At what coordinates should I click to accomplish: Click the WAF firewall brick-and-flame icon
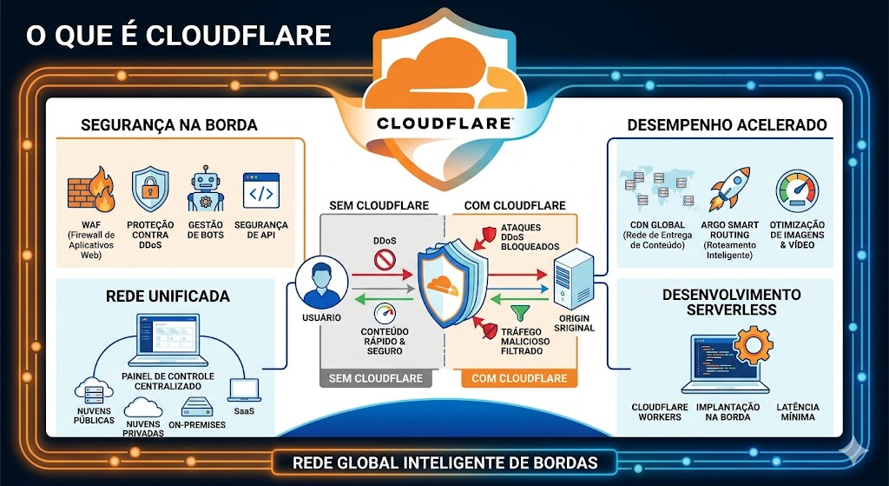pyautogui.click(x=91, y=190)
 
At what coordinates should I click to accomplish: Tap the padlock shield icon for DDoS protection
pyautogui.click(x=150, y=190)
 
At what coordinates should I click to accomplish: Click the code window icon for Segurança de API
pyautogui.click(x=260, y=190)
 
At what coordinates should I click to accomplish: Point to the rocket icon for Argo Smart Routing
pyautogui.click(x=730, y=189)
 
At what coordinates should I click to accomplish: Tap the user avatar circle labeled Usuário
pyautogui.click(x=322, y=283)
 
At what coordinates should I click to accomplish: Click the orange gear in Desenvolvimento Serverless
pyautogui.click(x=754, y=344)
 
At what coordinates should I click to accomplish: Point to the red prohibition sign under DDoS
pyautogui.click(x=385, y=261)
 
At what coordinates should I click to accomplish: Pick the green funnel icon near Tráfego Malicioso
pyautogui.click(x=520, y=313)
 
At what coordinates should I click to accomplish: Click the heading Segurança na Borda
pyautogui.click(x=169, y=125)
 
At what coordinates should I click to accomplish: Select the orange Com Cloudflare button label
pyautogui.click(x=519, y=378)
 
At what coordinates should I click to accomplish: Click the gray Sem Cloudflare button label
pyautogui.click(x=376, y=378)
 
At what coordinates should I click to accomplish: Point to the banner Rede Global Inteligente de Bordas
pyautogui.click(x=445, y=463)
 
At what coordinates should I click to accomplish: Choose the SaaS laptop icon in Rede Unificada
pyautogui.click(x=244, y=390)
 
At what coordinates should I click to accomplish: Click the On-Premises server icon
pyautogui.click(x=197, y=406)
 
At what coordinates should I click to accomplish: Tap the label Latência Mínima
pyautogui.click(x=798, y=411)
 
